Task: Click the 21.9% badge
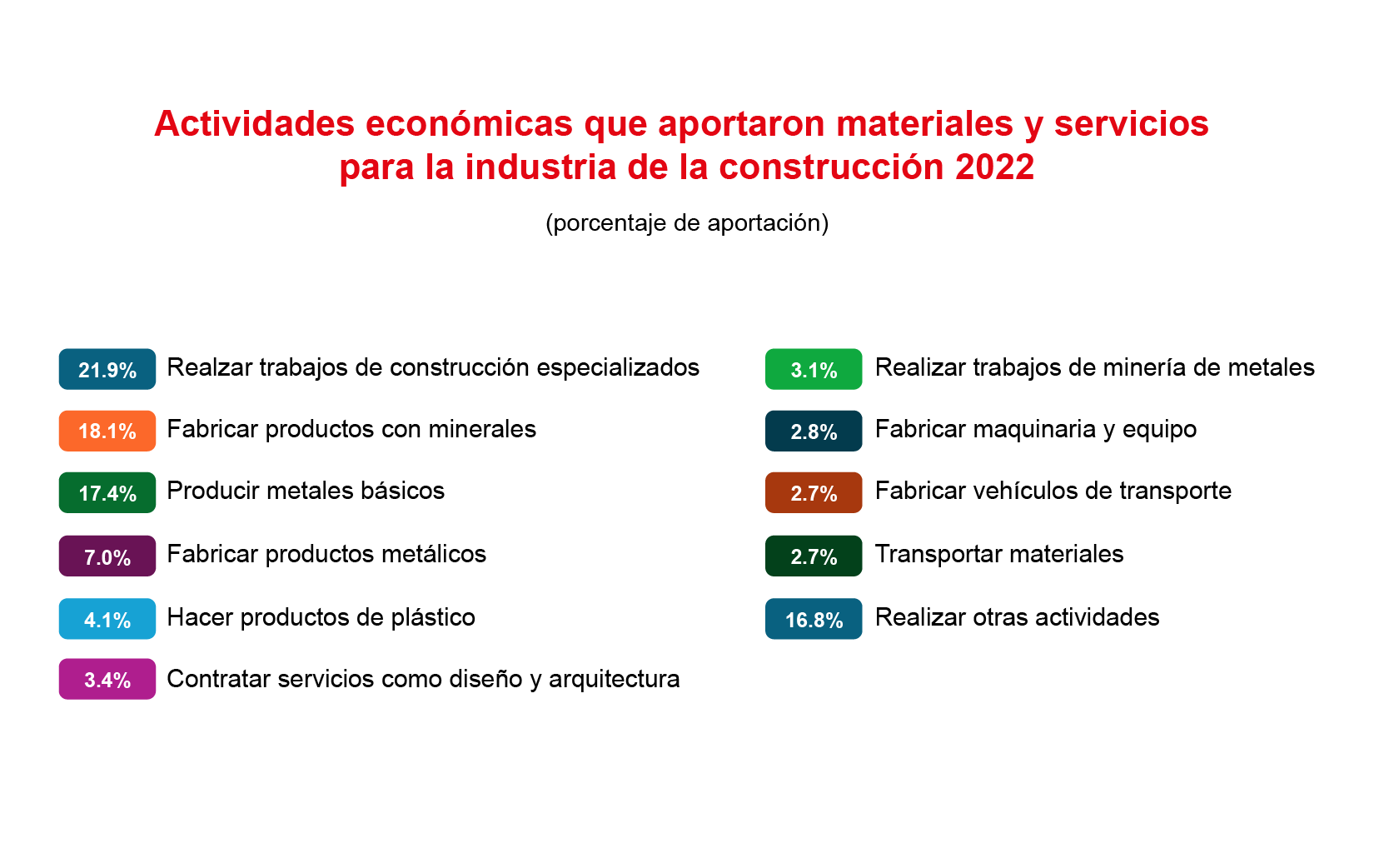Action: [107, 369]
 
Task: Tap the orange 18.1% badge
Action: [107, 431]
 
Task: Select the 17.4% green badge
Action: [107, 492]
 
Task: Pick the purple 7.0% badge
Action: [107, 556]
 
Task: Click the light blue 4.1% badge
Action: [107, 619]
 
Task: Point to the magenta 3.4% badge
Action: [107, 679]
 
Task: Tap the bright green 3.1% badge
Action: [813, 369]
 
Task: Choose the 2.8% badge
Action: [813, 431]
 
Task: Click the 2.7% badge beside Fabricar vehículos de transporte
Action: [813, 492]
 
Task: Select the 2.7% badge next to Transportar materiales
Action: [813, 556]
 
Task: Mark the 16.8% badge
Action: [813, 619]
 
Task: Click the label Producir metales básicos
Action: [306, 491]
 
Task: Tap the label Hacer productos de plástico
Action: [321, 617]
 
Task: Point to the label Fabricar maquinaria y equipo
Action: [1035, 429]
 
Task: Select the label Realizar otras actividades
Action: [1017, 617]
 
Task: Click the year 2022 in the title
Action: [994, 167]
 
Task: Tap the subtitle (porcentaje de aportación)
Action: [687, 223]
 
